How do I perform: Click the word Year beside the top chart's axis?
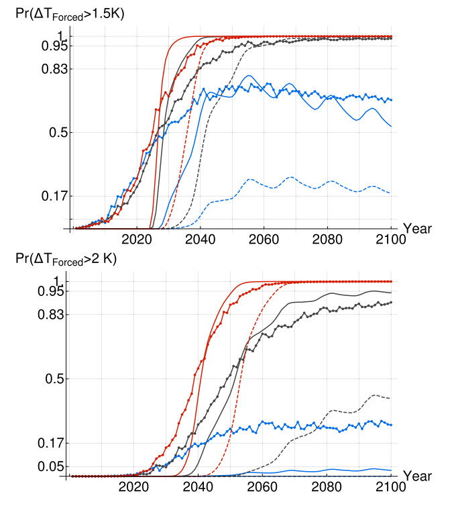[417, 229]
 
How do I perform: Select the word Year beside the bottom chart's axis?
[417, 476]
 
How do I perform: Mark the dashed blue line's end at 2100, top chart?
[391, 193]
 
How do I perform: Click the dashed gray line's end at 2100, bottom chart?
[391, 398]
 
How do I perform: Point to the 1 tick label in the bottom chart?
[58, 281]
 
